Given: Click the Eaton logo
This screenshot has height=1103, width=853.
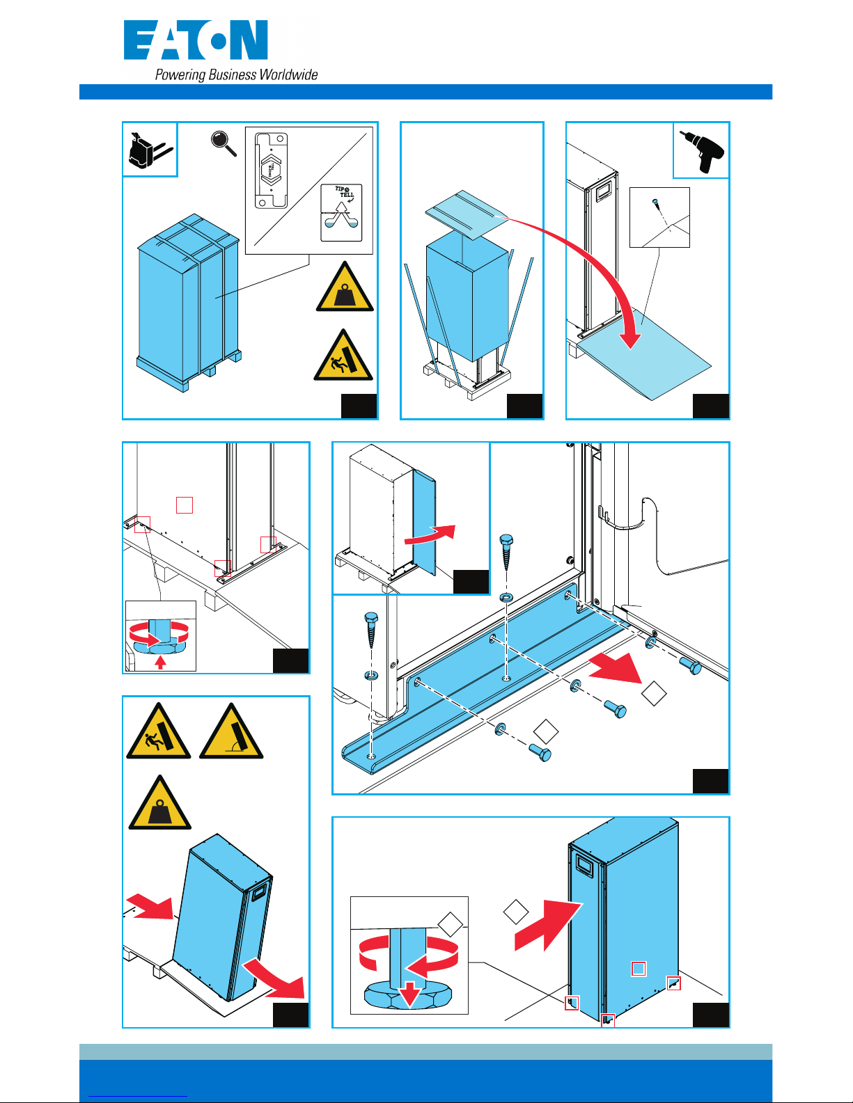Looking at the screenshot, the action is click(x=196, y=41).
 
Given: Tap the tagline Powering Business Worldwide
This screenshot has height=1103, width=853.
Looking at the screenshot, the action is click(x=236, y=75).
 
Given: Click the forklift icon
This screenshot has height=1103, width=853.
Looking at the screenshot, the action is click(x=148, y=150).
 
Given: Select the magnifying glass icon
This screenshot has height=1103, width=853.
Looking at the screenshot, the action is click(x=224, y=144).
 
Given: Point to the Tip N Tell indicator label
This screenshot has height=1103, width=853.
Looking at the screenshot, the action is click(x=341, y=212).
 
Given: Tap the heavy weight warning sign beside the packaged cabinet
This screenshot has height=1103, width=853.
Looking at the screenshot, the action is click(x=345, y=288).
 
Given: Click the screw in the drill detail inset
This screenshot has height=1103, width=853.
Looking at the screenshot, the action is click(x=655, y=203).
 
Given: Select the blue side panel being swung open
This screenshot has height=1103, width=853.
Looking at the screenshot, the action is click(x=424, y=522).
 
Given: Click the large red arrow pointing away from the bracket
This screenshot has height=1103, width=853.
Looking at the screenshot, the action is click(x=617, y=669).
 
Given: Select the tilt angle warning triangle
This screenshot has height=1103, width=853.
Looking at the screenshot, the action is click(x=231, y=733).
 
